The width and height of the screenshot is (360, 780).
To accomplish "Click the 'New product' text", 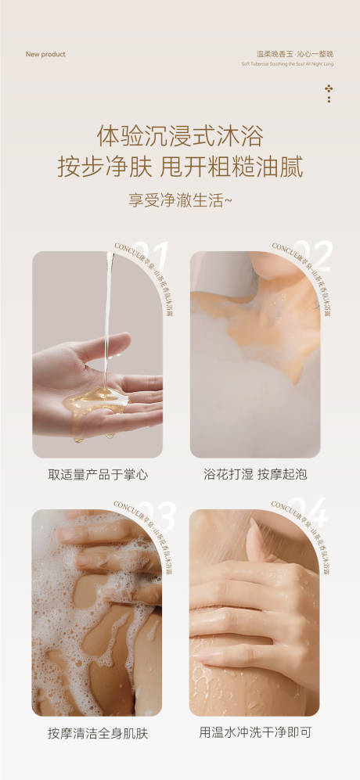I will [45, 55].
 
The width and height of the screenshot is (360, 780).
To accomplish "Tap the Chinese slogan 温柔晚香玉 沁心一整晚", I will [290, 54].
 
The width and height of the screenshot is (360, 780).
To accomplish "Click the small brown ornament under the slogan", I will [329, 93].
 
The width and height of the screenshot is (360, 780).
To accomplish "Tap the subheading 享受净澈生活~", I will [179, 199].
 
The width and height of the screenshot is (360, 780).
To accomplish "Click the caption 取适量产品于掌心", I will [98, 474].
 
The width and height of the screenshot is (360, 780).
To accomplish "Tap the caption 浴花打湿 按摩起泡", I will [254, 474].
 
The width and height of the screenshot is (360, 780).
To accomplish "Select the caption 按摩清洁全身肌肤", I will [98, 733].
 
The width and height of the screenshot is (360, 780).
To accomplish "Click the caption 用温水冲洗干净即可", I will [254, 733].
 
